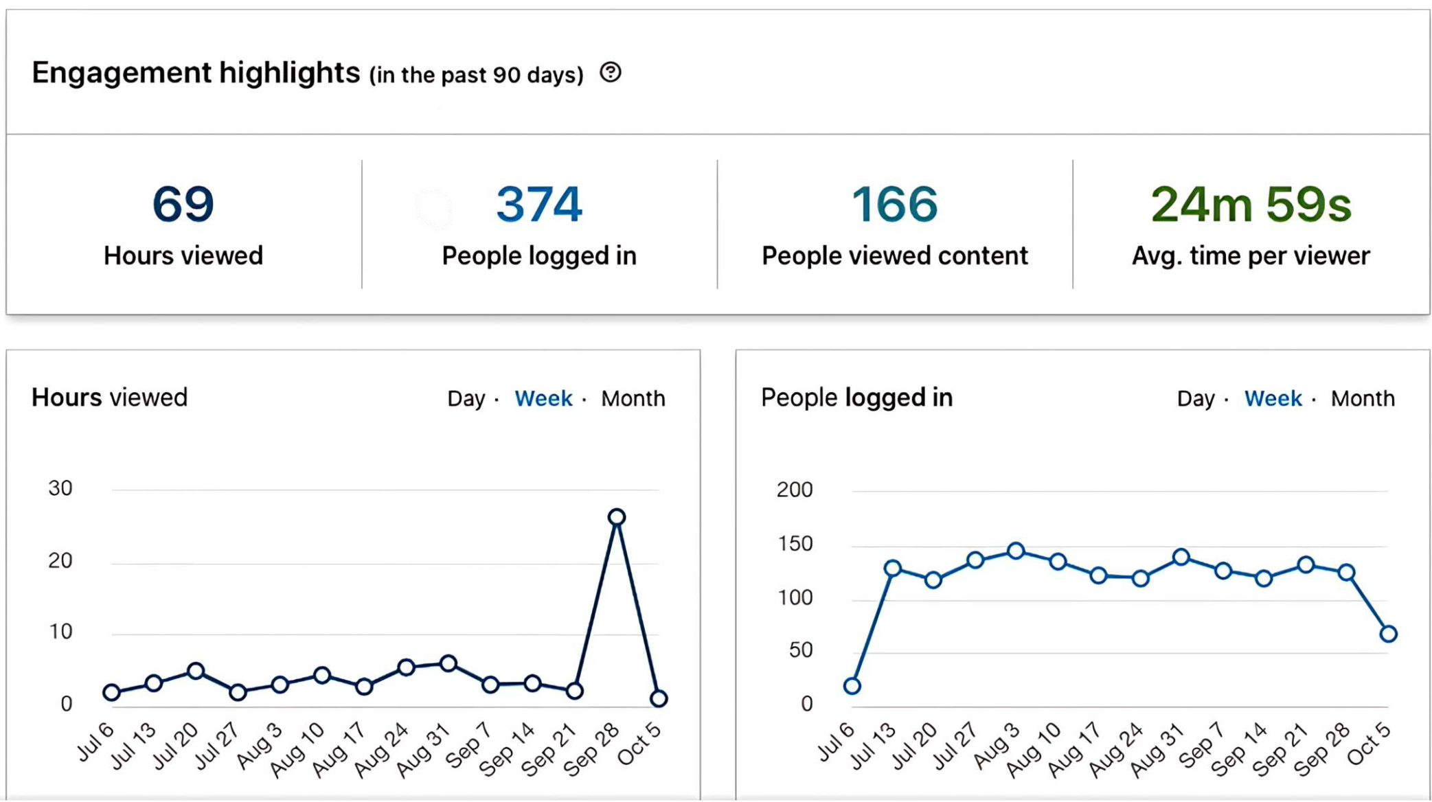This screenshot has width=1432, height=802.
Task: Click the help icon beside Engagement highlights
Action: click(x=610, y=72)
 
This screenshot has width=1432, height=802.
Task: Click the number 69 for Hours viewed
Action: click(x=183, y=204)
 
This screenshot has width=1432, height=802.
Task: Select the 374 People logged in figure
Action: click(x=539, y=204)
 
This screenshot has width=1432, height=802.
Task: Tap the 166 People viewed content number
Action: click(x=894, y=204)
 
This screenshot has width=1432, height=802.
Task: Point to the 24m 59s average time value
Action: click(x=1251, y=204)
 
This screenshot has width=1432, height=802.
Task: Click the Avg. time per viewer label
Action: click(x=1251, y=256)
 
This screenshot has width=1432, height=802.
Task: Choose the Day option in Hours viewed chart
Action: click(x=466, y=398)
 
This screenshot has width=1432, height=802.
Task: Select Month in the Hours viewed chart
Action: click(x=633, y=398)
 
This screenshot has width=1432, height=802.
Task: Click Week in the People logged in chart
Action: click(x=1273, y=398)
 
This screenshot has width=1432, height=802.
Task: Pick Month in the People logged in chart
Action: click(x=1363, y=398)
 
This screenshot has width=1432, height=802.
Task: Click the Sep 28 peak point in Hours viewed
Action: click(x=617, y=517)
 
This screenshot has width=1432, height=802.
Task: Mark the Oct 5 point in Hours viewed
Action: click(x=659, y=698)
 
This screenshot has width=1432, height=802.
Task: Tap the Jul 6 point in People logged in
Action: click(x=852, y=685)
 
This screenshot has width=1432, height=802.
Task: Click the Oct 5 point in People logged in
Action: click(x=1388, y=634)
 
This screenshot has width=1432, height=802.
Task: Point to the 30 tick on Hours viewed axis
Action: click(x=60, y=488)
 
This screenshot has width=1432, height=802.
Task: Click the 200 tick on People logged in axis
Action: click(x=795, y=490)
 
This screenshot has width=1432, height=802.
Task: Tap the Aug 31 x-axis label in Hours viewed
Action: click(x=422, y=752)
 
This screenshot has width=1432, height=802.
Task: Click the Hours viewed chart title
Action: click(x=109, y=398)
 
